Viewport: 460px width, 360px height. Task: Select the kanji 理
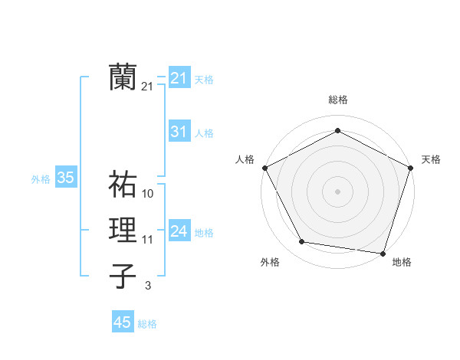[x=123, y=231]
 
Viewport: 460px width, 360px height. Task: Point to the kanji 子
[x=123, y=276]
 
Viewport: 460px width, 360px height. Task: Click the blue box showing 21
[x=179, y=78]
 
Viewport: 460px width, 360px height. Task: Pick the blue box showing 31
[x=179, y=132]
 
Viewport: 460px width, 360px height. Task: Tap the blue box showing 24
[x=179, y=231]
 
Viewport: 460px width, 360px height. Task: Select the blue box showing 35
[x=65, y=178]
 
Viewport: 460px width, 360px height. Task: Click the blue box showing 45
[x=123, y=322]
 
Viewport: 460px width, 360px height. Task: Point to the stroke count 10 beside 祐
[x=148, y=193]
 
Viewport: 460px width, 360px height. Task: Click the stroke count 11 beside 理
[x=148, y=240]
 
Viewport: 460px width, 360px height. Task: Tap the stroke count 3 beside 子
[x=148, y=286]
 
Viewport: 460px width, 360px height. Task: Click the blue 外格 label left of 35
[x=41, y=179]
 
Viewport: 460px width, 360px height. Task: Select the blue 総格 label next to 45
[x=147, y=324]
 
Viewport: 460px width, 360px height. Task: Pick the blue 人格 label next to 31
[x=204, y=133]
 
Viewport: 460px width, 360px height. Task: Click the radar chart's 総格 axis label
[x=337, y=100]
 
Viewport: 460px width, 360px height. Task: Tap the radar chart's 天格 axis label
[x=431, y=159]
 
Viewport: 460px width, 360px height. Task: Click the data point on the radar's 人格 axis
[x=264, y=167]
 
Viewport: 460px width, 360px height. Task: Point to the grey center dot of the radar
[x=337, y=191]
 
